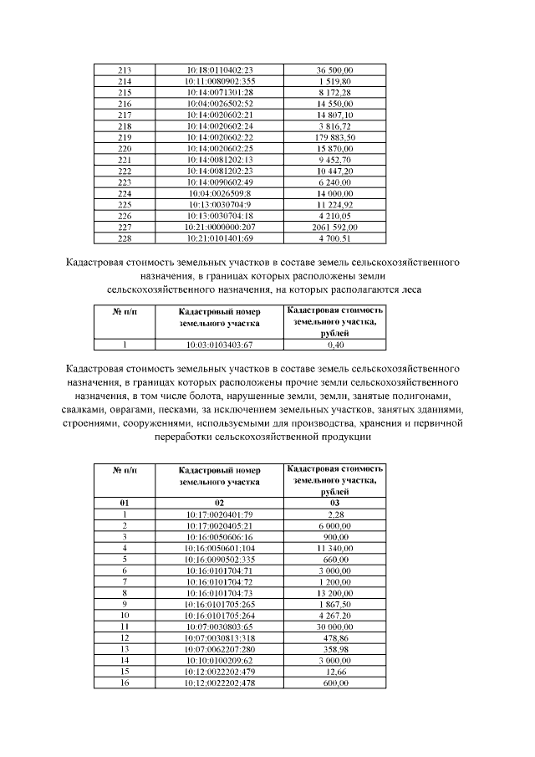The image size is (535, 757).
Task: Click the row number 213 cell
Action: (x=125, y=69)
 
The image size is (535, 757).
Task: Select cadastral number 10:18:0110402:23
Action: (x=220, y=69)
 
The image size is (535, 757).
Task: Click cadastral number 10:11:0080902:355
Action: (x=220, y=81)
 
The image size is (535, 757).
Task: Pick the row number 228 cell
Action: (x=125, y=238)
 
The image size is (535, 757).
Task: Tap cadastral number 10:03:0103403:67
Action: (x=220, y=343)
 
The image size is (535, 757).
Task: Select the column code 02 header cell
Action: (x=220, y=502)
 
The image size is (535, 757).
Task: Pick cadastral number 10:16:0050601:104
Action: (x=220, y=547)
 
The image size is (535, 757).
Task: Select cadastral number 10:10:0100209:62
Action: (x=220, y=660)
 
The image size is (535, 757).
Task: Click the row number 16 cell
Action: (x=125, y=683)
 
